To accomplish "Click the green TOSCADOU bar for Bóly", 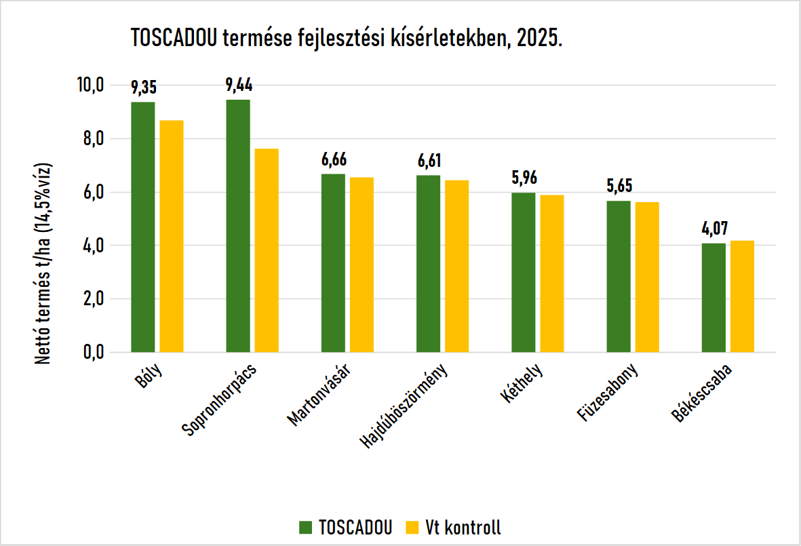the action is coord(143,227).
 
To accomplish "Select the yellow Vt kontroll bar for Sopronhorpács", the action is coord(267,251).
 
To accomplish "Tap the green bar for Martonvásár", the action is coord(333,263).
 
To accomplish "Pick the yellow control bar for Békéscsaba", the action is coord(742,297).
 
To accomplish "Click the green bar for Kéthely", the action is coord(524,273).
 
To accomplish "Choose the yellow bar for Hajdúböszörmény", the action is coord(456,267).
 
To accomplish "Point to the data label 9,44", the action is coord(239,85).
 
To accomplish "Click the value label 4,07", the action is coord(715,229).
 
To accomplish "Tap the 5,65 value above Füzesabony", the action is coord(620,185).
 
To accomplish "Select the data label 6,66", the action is coord(334,159).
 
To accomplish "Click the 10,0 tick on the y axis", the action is coord(90,85).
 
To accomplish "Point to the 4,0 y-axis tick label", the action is coord(94,245).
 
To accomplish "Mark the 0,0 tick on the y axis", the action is coord(94,352).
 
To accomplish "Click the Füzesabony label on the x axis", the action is coord(608,392).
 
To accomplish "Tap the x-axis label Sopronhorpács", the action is coord(219,400).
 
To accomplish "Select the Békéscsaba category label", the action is coord(701,393).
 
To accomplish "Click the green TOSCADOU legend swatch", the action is coord(305,527).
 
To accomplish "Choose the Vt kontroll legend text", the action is coord(463,528).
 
